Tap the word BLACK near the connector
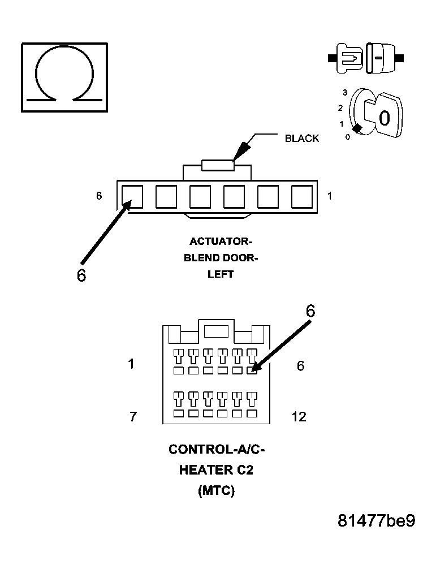[x=302, y=138]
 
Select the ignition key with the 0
[x=386, y=115]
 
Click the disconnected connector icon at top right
[x=366, y=58]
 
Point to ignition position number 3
[x=345, y=93]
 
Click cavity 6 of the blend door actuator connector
[x=132, y=196]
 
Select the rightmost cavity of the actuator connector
[x=302, y=196]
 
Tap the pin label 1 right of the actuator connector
[x=329, y=196]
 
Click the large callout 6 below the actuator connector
[x=81, y=275]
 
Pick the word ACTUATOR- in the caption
[x=221, y=242]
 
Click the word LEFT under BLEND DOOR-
[x=221, y=274]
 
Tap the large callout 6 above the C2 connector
[x=310, y=311]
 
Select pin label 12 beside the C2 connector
[x=299, y=417]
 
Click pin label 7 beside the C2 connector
[x=133, y=417]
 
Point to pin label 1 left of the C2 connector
[x=131, y=364]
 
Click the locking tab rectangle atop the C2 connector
[x=216, y=331]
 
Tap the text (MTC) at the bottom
[x=217, y=490]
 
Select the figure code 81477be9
[x=376, y=521]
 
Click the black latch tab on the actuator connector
[x=218, y=165]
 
